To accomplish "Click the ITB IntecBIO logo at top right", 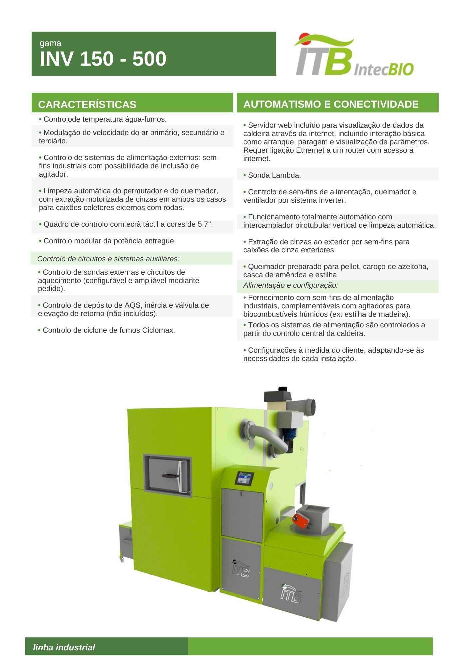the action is coord(354,55).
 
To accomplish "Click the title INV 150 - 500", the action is coord(103,59).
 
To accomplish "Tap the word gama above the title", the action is coord(50,43).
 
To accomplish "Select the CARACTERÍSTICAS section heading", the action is coord(87,105).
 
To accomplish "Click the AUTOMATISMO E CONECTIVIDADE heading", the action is coord(331,104).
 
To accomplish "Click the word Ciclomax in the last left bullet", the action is coord(158,330).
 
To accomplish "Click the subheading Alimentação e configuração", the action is coord(291,285).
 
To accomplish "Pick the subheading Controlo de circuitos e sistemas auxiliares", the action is coord(108,259).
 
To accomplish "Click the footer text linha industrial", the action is coord(64,647).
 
